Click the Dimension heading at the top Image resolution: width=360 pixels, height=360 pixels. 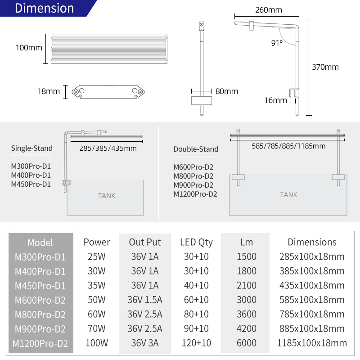[44, 9]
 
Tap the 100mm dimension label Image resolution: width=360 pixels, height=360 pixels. [29, 48]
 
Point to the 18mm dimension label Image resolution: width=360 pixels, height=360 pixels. [49, 91]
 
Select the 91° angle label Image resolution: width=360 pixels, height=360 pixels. [277, 43]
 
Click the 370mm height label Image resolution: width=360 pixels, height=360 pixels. [325, 67]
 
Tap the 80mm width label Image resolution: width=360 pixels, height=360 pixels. [227, 91]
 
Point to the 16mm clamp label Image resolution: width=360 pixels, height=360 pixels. [275, 100]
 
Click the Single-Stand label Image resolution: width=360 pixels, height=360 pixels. [31, 148]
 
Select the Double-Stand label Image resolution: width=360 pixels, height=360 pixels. [196, 149]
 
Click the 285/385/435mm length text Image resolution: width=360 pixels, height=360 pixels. [108, 148]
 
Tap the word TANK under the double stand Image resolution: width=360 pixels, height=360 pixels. [288, 195]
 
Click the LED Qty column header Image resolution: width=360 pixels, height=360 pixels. [196, 242]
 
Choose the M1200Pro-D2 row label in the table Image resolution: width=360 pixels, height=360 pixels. [40, 343]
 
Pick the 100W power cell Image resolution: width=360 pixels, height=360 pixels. [97, 343]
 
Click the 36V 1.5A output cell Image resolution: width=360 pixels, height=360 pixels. [145, 300]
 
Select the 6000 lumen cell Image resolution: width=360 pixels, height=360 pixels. [247, 343]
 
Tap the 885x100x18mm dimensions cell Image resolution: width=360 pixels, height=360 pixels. [312, 328]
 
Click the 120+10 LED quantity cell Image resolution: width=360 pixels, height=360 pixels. [196, 343]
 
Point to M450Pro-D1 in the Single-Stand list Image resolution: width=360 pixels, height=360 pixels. [31, 184]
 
